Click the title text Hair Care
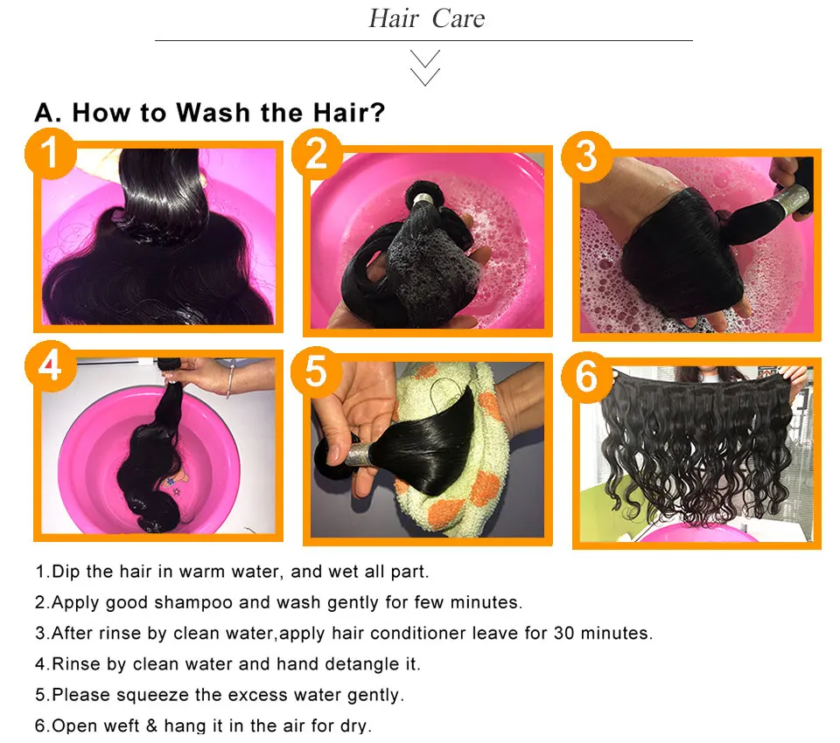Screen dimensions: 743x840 pos(426,19)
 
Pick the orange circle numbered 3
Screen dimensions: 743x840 pos(585,156)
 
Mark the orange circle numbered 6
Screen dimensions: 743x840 pos(586,378)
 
